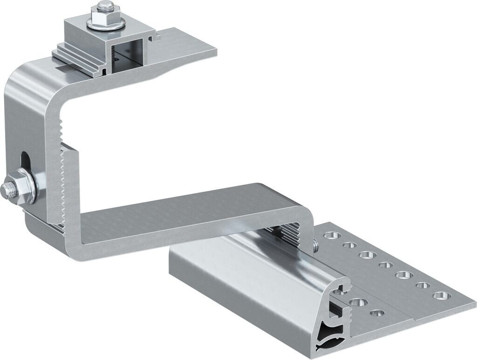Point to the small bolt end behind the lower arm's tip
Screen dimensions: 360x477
[x=315, y=242]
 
